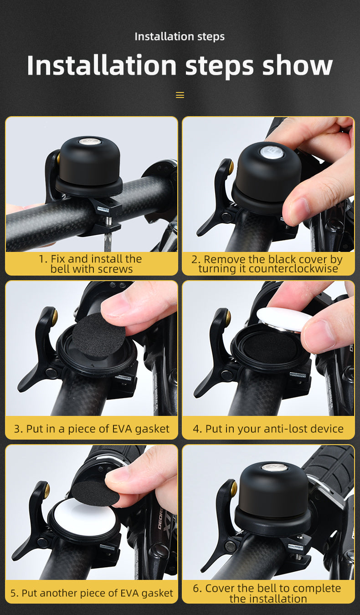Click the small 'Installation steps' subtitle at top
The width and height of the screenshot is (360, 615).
[x=180, y=36]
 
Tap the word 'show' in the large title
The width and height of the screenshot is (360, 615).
[x=297, y=65]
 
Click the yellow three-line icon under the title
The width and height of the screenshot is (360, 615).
[x=180, y=95]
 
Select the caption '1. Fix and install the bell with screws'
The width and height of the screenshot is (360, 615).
[x=91, y=264]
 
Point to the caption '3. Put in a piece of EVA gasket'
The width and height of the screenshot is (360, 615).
[x=91, y=429]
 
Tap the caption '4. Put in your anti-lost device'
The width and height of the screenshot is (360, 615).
[x=268, y=429]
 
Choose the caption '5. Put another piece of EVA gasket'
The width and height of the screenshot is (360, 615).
[x=91, y=593]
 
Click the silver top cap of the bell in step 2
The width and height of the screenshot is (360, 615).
[x=272, y=152]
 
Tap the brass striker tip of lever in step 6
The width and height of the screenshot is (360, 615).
[x=234, y=488]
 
